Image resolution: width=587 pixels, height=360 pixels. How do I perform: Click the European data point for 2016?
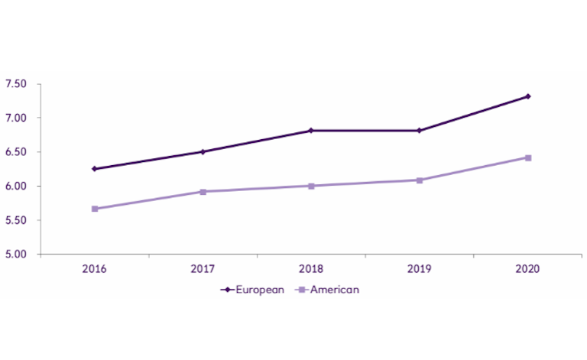tap(94, 169)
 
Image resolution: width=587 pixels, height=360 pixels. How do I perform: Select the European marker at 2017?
tap(203, 151)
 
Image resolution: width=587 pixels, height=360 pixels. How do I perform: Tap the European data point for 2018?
tap(311, 131)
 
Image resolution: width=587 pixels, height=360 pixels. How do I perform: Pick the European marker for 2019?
tap(420, 131)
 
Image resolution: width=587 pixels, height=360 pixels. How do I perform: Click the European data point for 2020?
tap(528, 96)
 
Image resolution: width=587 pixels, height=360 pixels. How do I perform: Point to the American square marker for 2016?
tap(94, 209)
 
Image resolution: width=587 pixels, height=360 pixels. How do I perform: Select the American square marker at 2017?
tap(203, 191)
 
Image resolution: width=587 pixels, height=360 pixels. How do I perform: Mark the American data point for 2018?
tap(311, 186)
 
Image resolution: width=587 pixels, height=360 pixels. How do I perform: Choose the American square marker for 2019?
tap(420, 180)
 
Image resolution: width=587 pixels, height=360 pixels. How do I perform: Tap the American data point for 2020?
tap(528, 157)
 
